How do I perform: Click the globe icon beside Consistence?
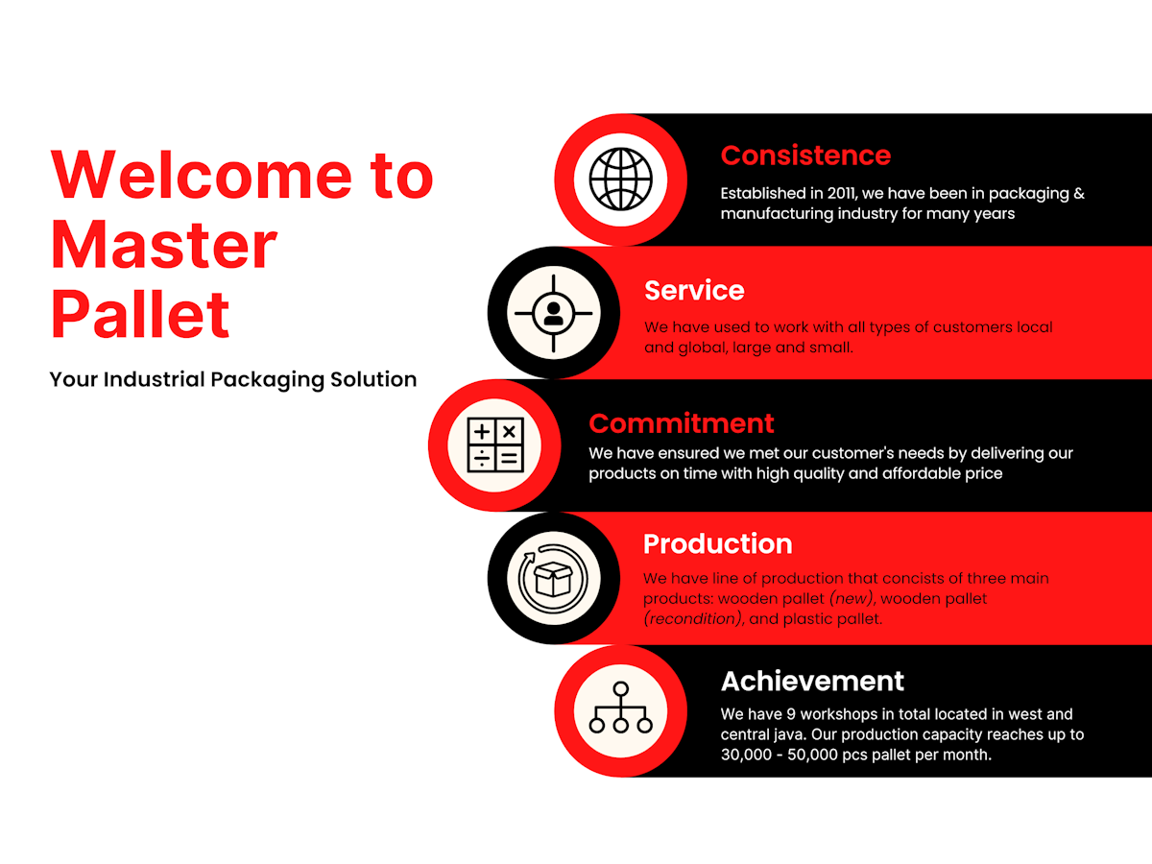(620, 180)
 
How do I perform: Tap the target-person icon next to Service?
(553, 313)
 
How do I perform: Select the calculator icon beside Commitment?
(495, 444)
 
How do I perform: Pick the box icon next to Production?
(553, 579)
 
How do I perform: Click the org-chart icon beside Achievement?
(620, 708)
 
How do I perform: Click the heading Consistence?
(805, 156)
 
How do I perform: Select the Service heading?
(694, 290)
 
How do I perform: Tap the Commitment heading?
(682, 423)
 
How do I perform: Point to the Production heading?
(717, 543)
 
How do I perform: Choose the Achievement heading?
(812, 681)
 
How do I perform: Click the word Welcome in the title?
(201, 175)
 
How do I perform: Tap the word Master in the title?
(164, 245)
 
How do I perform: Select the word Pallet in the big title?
(140, 314)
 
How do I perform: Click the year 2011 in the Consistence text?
(841, 193)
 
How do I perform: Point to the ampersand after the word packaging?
(1079, 193)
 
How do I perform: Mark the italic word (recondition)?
(693, 618)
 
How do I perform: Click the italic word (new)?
(852, 598)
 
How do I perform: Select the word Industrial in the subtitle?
(154, 379)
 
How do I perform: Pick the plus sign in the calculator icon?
(481, 432)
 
